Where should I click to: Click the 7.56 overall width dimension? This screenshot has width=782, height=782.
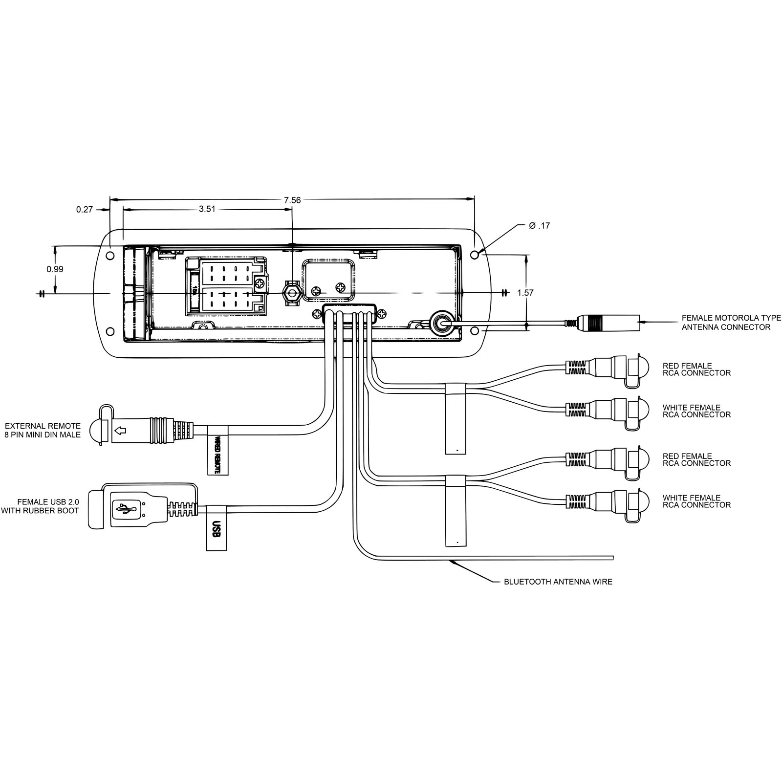pos(292,200)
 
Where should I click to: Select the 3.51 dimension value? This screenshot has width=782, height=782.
pos(207,209)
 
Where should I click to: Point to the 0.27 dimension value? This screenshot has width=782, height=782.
pos(84,210)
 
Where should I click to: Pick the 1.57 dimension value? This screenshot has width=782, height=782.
pos(525,293)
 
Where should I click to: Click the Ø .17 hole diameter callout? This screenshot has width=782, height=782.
pos(540,226)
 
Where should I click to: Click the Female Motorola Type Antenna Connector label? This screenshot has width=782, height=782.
pos(731,323)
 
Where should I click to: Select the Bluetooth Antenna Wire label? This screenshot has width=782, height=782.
pos(558,582)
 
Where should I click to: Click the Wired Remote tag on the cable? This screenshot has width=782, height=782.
pos(218,450)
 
